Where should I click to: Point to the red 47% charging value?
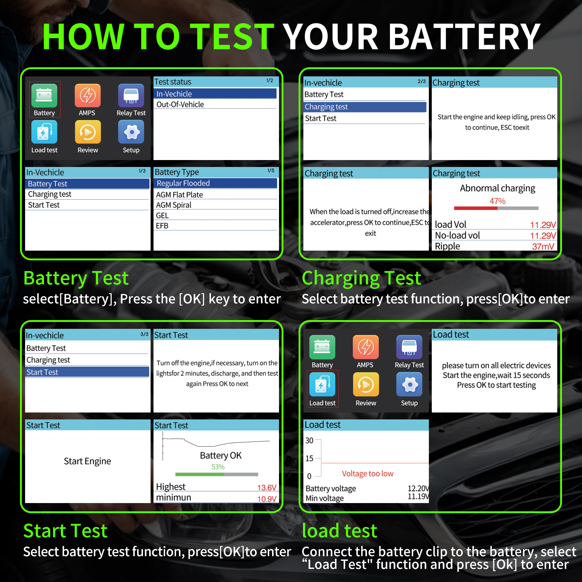coord(497,201)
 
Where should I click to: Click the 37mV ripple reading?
coord(543,247)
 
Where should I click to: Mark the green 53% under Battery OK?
coord(218,467)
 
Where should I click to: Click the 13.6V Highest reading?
coord(267,487)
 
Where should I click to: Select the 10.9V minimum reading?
coord(267,499)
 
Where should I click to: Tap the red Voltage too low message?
coord(367,474)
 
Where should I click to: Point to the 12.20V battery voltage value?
coord(418,488)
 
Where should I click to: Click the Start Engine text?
coord(87,461)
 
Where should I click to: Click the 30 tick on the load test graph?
coord(309,441)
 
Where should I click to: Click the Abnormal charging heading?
coord(497,188)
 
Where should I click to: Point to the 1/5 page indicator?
coord(271,171)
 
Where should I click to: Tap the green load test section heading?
coord(339,530)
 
